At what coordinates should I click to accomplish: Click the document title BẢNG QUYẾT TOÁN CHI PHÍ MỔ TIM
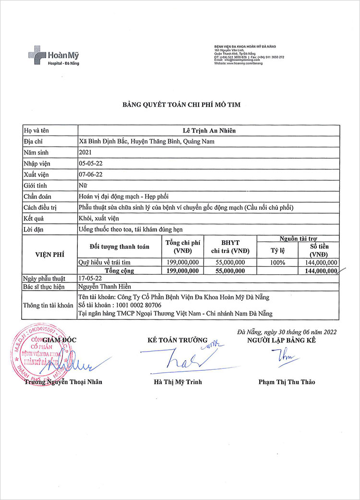click(x=180, y=105)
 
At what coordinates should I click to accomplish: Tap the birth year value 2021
click(x=85, y=152)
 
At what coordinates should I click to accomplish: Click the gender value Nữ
click(x=83, y=185)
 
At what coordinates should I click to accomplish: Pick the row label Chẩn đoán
click(x=37, y=196)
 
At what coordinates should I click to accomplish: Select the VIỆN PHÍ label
click(x=49, y=254)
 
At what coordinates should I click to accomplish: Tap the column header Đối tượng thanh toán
click(x=120, y=246)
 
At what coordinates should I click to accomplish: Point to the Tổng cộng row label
click(x=120, y=271)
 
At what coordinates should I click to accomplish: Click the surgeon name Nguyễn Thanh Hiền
click(x=102, y=287)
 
